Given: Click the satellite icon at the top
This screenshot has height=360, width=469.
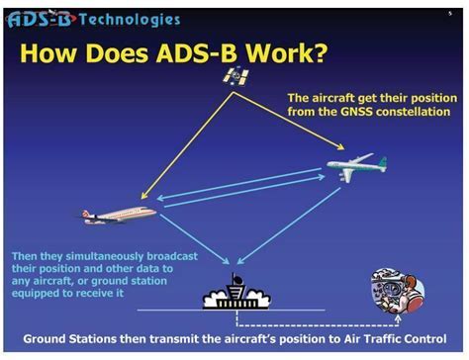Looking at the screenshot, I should tap(235, 76).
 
